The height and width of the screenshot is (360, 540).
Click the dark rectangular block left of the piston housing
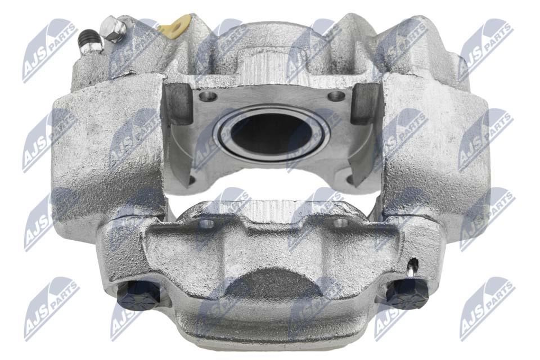click(178, 103)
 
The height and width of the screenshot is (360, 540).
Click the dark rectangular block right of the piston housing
click(365, 103)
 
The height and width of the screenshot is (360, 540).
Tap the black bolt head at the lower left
click(138, 295)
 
